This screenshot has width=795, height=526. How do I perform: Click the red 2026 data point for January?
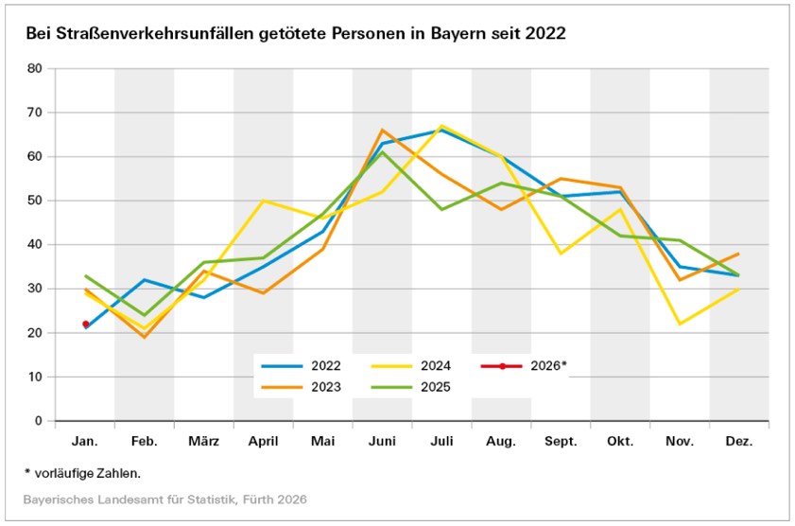pyautogui.click(x=85, y=324)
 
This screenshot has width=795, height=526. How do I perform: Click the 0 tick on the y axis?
pyautogui.click(x=39, y=421)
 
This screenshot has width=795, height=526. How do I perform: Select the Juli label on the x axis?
pyautogui.click(x=441, y=442)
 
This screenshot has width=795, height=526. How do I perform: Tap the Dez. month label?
pyautogui.click(x=738, y=442)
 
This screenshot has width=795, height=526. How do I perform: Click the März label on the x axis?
pyautogui.click(x=203, y=442)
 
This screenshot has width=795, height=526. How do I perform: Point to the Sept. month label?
pyautogui.click(x=561, y=442)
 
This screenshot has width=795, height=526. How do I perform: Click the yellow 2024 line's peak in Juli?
pyautogui.click(x=441, y=126)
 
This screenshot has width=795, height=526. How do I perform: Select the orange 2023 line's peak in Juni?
pyautogui.click(x=382, y=131)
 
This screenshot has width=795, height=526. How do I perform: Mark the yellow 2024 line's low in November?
pyautogui.click(x=680, y=324)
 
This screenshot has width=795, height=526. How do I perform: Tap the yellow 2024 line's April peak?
pyautogui.click(x=263, y=201)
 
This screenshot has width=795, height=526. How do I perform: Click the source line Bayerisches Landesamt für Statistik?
pyautogui.click(x=164, y=499)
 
